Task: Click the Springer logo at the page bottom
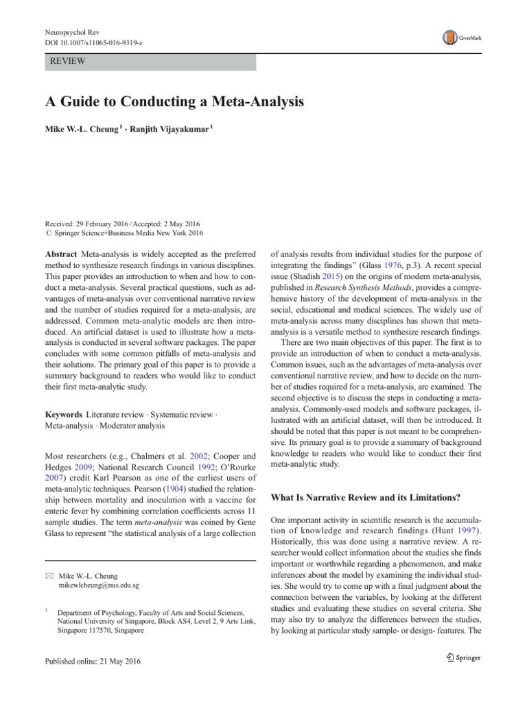(460, 657)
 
